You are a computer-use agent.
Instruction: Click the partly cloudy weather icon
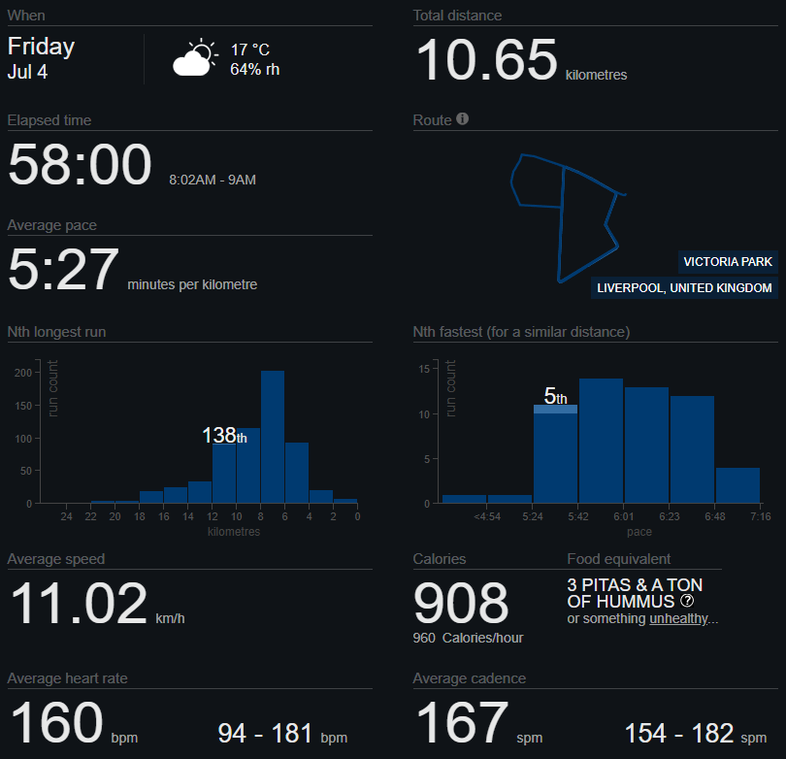click(x=196, y=58)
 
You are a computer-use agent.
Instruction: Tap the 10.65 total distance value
click(x=486, y=60)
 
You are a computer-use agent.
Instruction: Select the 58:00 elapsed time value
click(x=80, y=165)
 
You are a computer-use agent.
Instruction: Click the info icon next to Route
click(x=463, y=119)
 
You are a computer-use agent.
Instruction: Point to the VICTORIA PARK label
click(x=728, y=262)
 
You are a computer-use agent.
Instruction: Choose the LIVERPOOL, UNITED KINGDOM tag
click(x=685, y=288)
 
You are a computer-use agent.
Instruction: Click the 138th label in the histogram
click(x=224, y=436)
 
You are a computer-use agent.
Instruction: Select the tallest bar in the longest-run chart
click(x=273, y=437)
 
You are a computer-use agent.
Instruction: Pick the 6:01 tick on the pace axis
click(x=624, y=516)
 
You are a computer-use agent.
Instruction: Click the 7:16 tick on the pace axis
click(x=760, y=516)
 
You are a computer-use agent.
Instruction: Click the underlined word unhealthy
click(x=679, y=618)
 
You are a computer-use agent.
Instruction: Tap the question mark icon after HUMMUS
click(x=687, y=601)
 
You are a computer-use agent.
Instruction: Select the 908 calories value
click(x=461, y=604)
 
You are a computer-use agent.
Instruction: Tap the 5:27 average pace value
click(x=63, y=270)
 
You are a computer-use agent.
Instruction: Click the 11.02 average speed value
click(x=79, y=604)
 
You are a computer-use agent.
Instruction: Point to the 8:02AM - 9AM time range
click(x=213, y=180)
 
